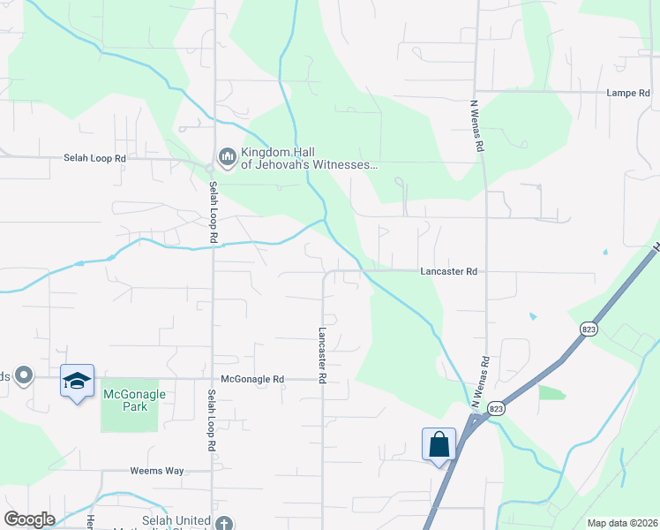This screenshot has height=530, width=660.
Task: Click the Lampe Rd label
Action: tap(627, 93)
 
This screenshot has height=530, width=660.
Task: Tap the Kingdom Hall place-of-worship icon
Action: tap(227, 157)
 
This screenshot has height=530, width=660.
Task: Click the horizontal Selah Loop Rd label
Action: tap(95, 158)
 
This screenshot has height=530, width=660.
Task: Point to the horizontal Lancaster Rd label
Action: tap(448, 272)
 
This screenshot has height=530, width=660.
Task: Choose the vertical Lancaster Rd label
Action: tap(323, 355)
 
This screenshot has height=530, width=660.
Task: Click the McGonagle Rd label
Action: tap(252, 379)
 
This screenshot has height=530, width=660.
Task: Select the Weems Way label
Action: tap(157, 471)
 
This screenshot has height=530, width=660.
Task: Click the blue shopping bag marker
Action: tap(439, 444)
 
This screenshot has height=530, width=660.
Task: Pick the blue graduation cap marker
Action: tap(77, 381)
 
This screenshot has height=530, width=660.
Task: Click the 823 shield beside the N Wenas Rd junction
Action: tap(497, 407)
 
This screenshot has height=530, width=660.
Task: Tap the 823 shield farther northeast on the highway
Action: tap(589, 329)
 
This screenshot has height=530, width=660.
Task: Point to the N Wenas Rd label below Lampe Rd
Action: tap(478, 127)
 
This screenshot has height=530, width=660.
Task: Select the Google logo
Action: tap(29, 519)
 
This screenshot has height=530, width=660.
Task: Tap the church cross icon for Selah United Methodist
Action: tap(225, 523)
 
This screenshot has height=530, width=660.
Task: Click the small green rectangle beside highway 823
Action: tap(551, 392)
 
